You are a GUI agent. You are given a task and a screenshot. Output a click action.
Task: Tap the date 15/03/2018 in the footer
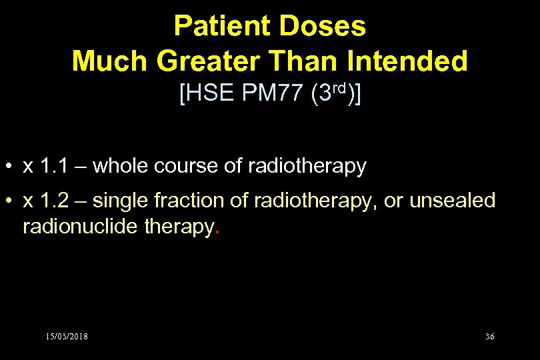pyautogui.click(x=67, y=336)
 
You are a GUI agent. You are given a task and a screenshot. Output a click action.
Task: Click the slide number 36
pyautogui.click(x=489, y=336)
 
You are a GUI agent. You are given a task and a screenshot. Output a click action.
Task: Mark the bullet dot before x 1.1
pyautogui.click(x=11, y=167)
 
